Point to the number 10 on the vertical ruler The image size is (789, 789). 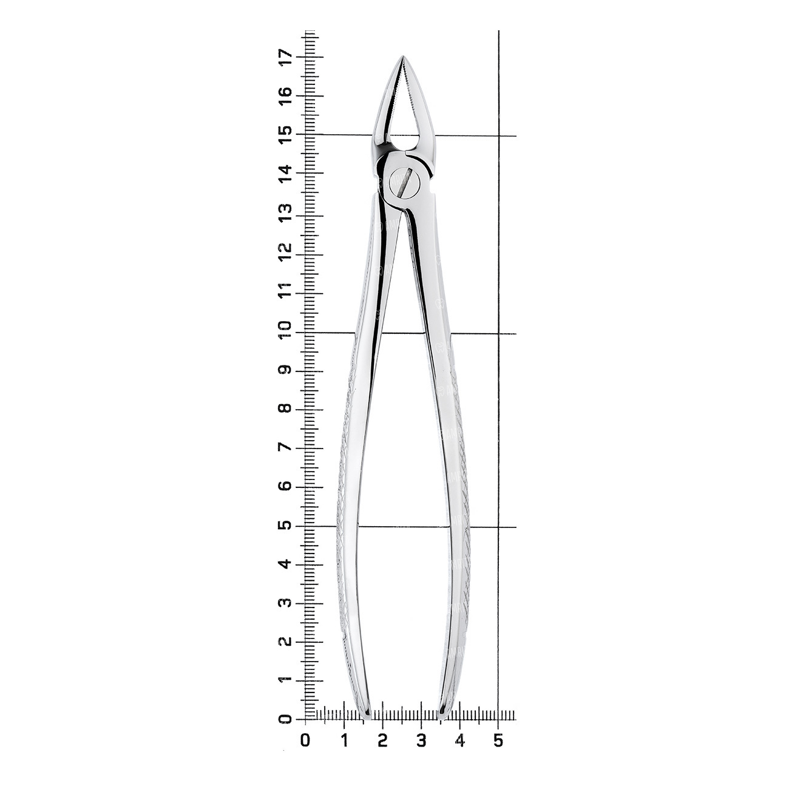[x=286, y=329]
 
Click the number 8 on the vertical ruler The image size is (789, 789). [x=286, y=408]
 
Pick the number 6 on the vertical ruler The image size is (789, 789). [x=286, y=486]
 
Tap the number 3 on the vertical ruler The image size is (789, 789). [x=286, y=602]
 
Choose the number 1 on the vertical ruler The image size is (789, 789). [x=286, y=680]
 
